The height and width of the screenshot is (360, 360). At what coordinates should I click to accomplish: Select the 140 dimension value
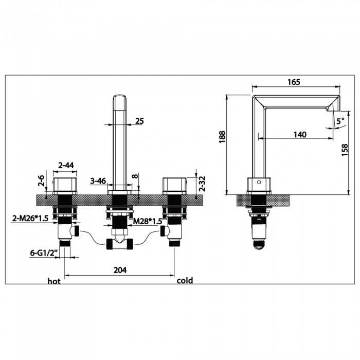300,134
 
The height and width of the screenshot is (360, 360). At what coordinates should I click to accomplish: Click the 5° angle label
340,122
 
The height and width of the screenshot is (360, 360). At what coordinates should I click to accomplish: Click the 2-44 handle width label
66,165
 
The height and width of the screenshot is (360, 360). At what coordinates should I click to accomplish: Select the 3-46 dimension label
98,181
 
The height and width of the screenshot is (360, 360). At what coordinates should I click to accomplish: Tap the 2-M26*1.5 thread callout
30,219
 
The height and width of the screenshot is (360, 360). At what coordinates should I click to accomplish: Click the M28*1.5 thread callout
148,221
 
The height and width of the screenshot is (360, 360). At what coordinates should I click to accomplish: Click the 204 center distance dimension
119,269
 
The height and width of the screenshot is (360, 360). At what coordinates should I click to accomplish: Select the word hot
55,281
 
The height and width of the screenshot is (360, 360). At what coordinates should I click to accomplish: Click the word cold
185,281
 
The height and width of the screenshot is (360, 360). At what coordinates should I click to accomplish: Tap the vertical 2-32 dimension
202,184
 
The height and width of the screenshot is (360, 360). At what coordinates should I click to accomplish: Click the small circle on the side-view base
259,182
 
